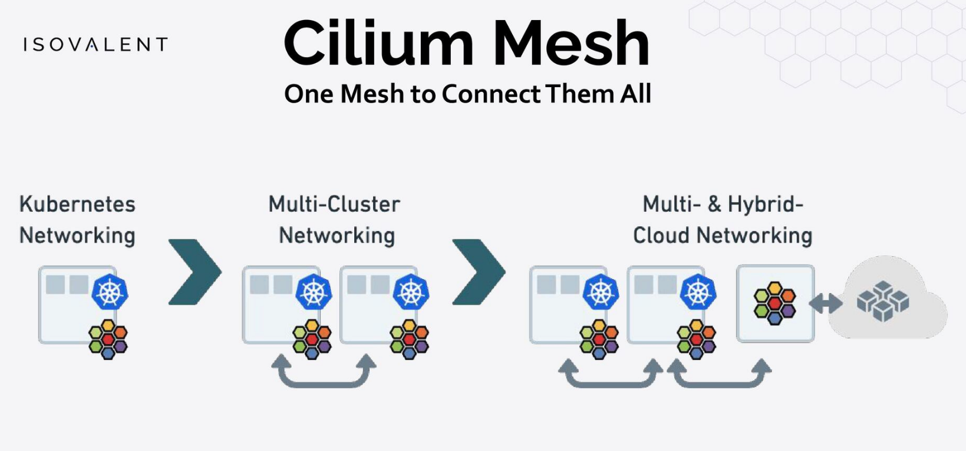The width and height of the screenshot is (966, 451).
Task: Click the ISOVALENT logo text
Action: point(95,45)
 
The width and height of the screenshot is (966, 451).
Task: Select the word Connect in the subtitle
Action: point(491,94)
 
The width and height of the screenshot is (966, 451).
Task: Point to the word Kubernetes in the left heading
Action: point(77,204)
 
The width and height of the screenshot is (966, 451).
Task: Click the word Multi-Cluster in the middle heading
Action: point(334,204)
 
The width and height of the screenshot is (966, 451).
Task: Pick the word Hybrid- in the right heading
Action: point(766,204)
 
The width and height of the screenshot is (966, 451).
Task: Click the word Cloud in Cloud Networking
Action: point(662,236)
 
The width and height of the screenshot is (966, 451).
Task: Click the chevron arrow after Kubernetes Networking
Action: point(194,272)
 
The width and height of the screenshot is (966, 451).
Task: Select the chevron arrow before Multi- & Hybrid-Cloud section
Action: point(479,272)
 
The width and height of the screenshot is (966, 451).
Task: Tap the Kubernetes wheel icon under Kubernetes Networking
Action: point(110,291)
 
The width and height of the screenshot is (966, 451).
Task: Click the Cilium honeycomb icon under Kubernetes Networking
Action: point(108,339)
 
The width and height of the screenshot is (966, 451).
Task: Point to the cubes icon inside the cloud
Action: point(882,301)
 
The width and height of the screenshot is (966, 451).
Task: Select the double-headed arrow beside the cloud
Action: point(826,304)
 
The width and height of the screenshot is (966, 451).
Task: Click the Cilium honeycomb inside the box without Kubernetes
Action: point(774,303)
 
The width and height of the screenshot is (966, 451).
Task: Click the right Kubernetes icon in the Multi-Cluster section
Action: point(411,291)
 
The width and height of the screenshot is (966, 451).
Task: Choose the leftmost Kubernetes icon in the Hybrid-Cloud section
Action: point(601,291)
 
